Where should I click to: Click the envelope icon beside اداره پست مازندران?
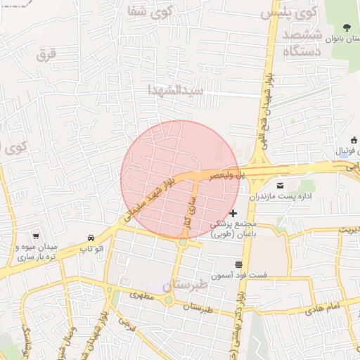(280, 186)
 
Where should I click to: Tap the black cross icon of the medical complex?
(233, 212)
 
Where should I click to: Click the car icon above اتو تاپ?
(91, 238)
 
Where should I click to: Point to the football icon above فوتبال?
(354, 141)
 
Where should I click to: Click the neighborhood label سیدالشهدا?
(175, 90)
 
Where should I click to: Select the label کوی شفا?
(150, 11)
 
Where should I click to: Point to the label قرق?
(46, 53)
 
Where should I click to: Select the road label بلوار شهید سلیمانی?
(148, 201)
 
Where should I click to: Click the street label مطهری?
(141, 296)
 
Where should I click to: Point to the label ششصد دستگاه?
(302, 43)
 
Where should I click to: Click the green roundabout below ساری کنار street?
(183, 243)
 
